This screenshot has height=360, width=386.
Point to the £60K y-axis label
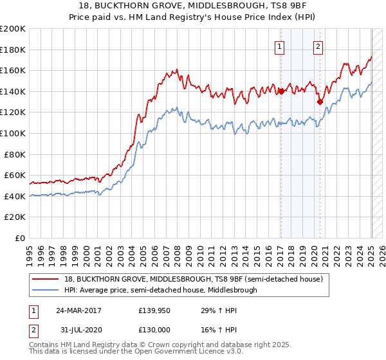point(15,175)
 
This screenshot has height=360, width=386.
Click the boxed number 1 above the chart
point(280,46)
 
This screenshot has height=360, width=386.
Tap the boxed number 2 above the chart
point(318,46)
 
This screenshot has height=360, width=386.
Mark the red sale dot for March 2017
point(281,92)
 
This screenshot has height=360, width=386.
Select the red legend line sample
point(47,279)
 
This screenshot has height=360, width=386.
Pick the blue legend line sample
point(47,290)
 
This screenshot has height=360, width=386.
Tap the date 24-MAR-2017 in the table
point(79,310)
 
